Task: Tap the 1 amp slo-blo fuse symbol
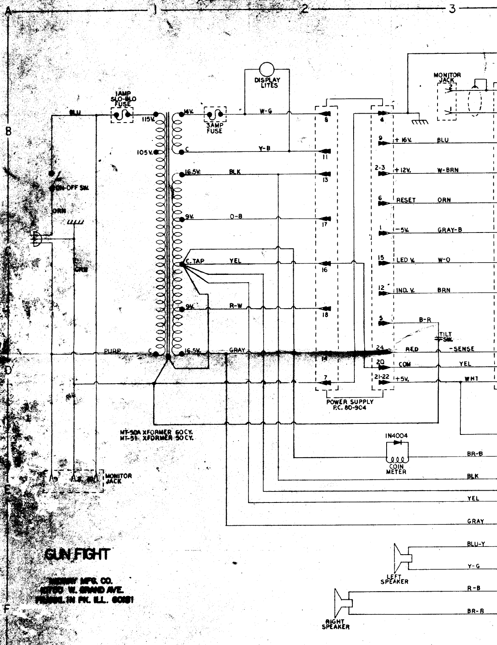point(122,116)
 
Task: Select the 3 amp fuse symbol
point(215,115)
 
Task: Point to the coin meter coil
point(396,459)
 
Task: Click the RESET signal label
point(406,200)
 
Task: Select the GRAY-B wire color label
point(450,230)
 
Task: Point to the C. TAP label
point(194,261)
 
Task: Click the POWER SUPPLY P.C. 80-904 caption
point(350,405)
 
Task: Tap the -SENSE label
point(462,349)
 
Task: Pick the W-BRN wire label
point(448,170)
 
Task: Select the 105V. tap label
point(144,153)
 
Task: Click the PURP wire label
point(112,351)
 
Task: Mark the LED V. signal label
point(405,260)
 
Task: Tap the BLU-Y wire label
point(476,544)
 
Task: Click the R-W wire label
point(235,306)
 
